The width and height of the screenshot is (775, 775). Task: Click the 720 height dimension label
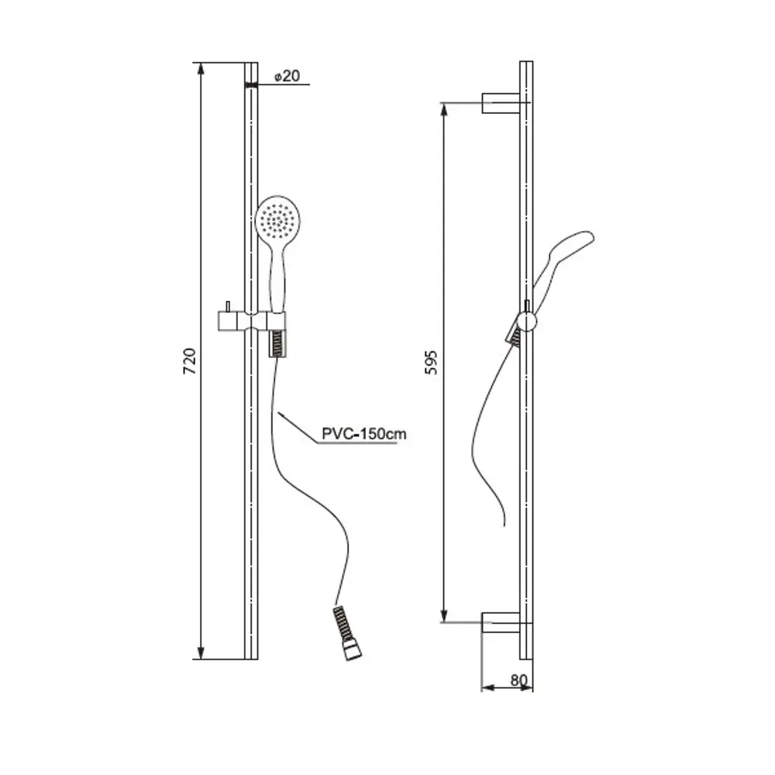[x=191, y=361]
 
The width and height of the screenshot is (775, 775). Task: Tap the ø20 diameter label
[x=288, y=76]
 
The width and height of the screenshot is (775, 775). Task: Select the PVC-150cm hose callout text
[x=363, y=434]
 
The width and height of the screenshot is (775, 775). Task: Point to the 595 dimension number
[x=432, y=362]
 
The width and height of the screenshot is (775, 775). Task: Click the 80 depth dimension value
[x=519, y=680]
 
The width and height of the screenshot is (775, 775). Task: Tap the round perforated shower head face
[x=277, y=218]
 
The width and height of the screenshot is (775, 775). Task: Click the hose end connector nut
[x=353, y=652]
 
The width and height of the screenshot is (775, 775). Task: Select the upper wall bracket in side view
[x=501, y=103]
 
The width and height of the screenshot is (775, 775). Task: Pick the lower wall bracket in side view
[x=501, y=622]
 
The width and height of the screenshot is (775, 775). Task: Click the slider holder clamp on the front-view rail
[x=252, y=322]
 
